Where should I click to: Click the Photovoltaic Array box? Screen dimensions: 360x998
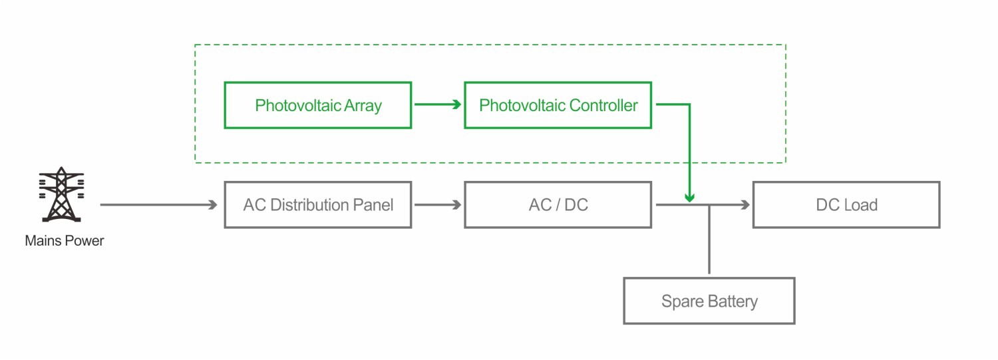(x=317, y=105)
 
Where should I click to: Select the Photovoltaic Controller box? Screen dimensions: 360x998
(x=558, y=105)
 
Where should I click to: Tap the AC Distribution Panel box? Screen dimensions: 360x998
(x=317, y=205)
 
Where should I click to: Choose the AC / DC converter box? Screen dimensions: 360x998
(x=558, y=205)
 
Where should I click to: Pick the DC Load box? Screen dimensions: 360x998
(x=846, y=205)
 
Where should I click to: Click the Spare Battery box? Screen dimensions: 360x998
(x=709, y=301)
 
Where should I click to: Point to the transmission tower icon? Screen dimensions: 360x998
(x=61, y=194)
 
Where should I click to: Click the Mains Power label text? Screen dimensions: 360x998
(x=65, y=241)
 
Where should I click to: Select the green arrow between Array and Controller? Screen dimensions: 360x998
(x=438, y=104)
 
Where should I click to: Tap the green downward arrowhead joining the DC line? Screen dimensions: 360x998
(x=689, y=198)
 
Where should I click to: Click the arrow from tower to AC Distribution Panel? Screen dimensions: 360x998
(x=159, y=205)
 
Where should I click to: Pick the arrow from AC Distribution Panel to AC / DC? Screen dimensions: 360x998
(x=438, y=205)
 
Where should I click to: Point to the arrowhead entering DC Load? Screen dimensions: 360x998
(x=746, y=205)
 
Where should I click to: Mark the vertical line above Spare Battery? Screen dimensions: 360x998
(x=709, y=240)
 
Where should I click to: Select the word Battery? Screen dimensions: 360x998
(x=733, y=302)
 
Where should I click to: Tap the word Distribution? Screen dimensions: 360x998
(x=311, y=205)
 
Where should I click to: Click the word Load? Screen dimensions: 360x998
(x=862, y=205)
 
